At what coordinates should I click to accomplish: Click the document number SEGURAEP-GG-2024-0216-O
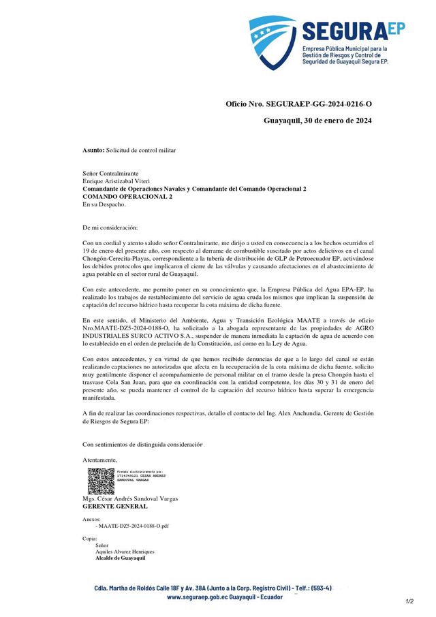pyautogui.click(x=320, y=104)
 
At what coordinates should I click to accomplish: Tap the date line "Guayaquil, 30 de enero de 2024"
pyautogui.click(x=317, y=121)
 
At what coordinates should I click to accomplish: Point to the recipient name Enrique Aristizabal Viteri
pyautogui.click(x=116, y=182)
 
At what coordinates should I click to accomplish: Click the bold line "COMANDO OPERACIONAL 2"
pyautogui.click(x=127, y=196)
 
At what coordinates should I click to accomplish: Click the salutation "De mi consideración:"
pyautogui.click(x=110, y=227)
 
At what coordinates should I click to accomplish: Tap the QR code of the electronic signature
pyautogui.click(x=100, y=481)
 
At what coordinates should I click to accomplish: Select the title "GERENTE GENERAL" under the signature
pyautogui.click(x=114, y=507)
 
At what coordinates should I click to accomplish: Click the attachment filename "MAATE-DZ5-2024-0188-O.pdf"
pyautogui.click(x=134, y=526)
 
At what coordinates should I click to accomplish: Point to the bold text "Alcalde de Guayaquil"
pyautogui.click(x=121, y=558)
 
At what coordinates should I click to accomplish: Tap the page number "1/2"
pyautogui.click(x=409, y=601)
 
